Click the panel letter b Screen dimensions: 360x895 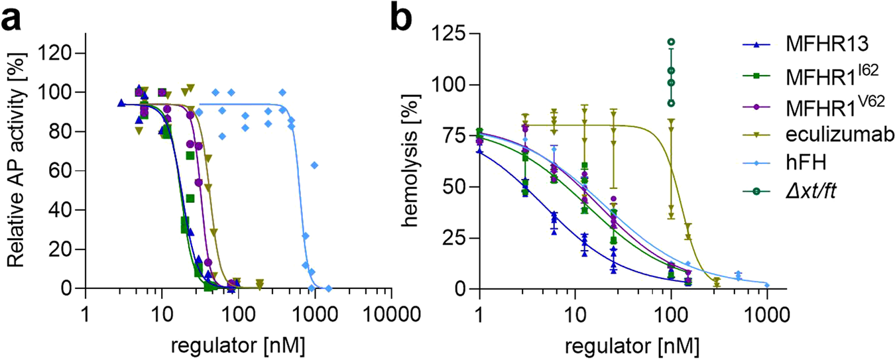coord(406,19)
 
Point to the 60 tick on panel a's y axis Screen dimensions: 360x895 coord(66,170)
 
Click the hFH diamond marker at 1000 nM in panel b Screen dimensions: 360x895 coord(767,284)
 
